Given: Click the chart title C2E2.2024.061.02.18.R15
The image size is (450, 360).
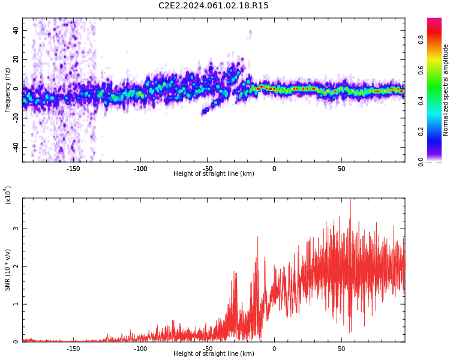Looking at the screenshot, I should [x=214, y=6].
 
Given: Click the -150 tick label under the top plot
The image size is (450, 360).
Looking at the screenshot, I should [x=73, y=169].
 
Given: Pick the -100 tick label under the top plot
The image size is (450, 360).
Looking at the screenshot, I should [x=140, y=169].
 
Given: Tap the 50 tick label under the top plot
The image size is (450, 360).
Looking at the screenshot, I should [x=341, y=169].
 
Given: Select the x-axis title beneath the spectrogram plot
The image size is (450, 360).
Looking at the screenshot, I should [x=214, y=174].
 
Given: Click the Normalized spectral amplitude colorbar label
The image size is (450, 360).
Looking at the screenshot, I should [x=446, y=90].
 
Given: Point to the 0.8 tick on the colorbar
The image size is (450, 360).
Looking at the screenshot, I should [x=421, y=39].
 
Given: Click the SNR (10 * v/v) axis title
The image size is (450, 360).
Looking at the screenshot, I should [x=8, y=270].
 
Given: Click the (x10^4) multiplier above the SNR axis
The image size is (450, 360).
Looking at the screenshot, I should [x=8, y=194].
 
